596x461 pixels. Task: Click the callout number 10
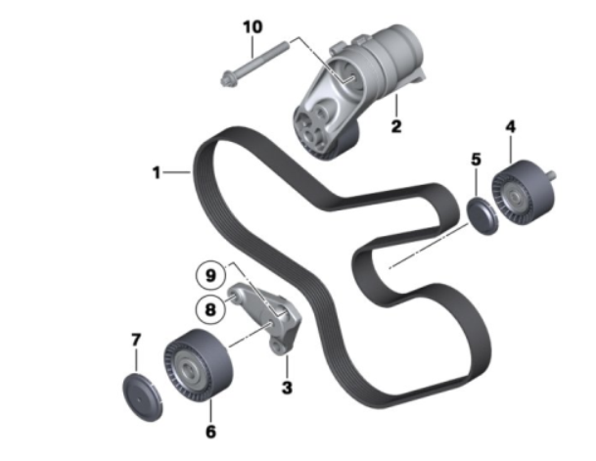[252, 27]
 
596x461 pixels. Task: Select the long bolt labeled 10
[254, 64]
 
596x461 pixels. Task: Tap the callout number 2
[396, 126]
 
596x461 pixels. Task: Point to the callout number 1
[157, 172]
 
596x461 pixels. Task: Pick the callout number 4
[511, 126]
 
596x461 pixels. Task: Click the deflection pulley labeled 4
[524, 192]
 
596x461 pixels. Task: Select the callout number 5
[476, 160]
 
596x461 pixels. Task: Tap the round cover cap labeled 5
[482, 216]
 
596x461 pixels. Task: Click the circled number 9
[211, 275]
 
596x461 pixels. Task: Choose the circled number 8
[210, 309]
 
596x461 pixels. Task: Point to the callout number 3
[287, 388]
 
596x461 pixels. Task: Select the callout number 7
[136, 340]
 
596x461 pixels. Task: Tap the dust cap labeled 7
[143, 397]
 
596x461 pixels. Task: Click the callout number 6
[210, 432]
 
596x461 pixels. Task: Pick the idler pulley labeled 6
[198, 365]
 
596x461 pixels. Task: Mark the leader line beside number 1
[176, 173]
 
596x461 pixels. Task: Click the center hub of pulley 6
[188, 370]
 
